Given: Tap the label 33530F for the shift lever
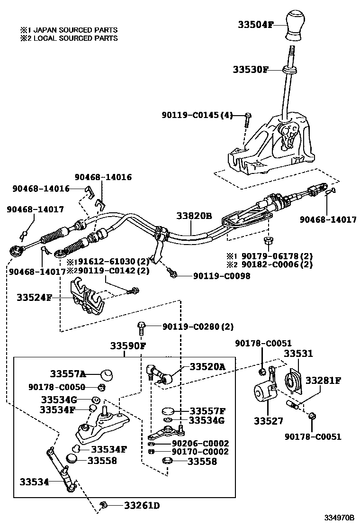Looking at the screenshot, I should pos(251,70).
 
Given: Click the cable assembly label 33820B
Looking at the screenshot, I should pos(194,216).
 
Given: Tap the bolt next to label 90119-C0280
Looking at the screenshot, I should pos(141,326).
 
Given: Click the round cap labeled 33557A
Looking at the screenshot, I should pos(108,374).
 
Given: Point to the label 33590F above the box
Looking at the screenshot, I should pos(128,345).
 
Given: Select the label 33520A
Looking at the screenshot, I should pos(207,366).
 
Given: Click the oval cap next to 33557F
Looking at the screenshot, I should pos(169,411).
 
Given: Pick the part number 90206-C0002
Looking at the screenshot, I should pos(194,443).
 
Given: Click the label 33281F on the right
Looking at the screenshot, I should pos(323,380).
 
